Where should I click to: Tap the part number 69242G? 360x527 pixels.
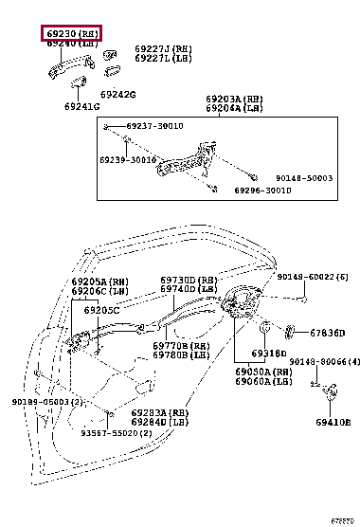[x=118, y=94]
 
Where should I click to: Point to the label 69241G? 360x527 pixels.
[x=82, y=107]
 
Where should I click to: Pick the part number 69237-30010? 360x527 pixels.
[x=150, y=126]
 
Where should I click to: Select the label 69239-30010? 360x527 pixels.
[x=128, y=161]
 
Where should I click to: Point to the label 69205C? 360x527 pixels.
[x=101, y=310]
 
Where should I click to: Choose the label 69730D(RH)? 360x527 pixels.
[x=189, y=281]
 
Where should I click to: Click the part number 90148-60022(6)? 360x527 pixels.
[x=313, y=277]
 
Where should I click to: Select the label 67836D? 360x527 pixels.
[x=328, y=333]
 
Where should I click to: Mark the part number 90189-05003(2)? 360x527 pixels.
[x=48, y=402]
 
